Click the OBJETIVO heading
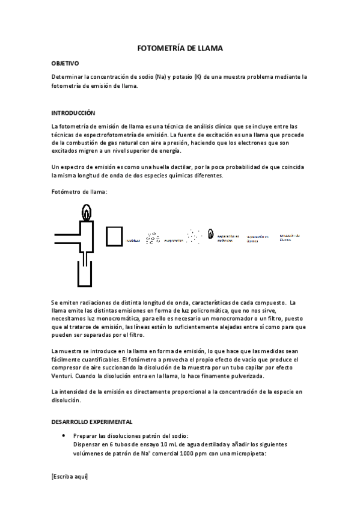(64, 63)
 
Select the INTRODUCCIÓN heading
(73, 112)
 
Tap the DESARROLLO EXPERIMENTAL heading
(92, 422)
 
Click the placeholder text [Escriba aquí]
(70, 476)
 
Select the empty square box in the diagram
(115, 236)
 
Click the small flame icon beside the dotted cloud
(210, 233)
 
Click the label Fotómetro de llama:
(79, 191)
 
